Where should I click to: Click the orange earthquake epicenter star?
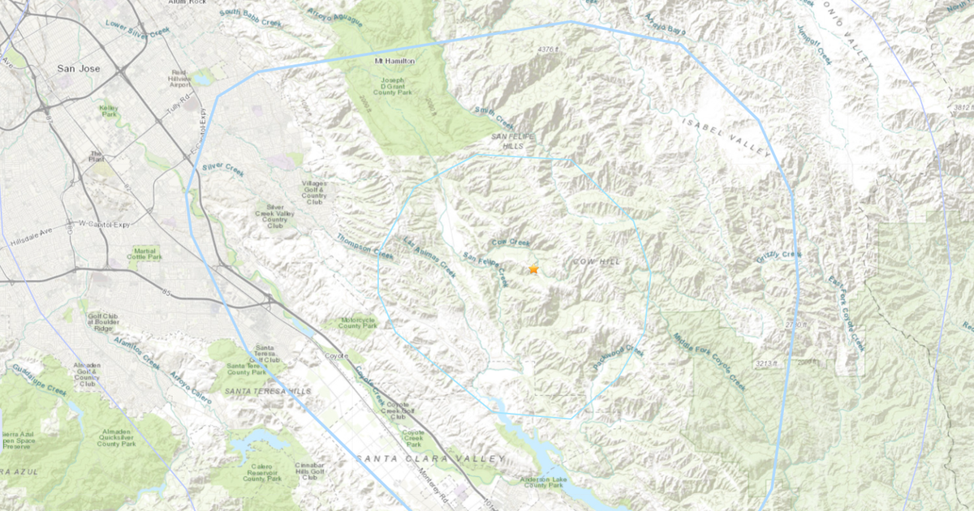click(x=533, y=269)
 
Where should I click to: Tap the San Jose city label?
click(x=79, y=69)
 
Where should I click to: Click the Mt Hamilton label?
click(x=394, y=62)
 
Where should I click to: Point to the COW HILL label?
click(x=597, y=262)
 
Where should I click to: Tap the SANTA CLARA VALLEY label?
click(x=429, y=459)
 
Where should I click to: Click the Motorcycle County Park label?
click(x=358, y=321)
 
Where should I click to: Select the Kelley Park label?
click(x=109, y=110)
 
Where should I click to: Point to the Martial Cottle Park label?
click(x=146, y=255)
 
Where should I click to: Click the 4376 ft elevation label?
click(x=549, y=49)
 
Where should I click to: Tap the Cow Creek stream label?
click(x=511, y=243)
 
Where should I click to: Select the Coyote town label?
click(x=336, y=355)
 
